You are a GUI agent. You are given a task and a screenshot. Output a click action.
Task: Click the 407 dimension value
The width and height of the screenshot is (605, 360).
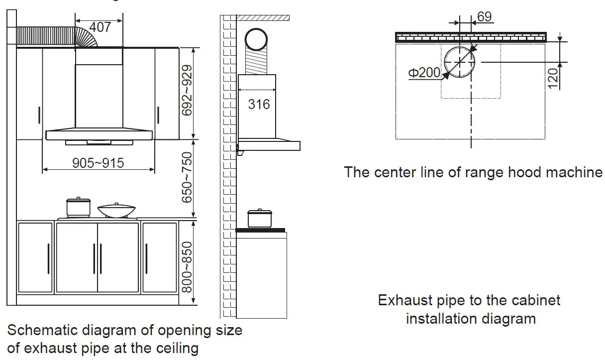point(100,27)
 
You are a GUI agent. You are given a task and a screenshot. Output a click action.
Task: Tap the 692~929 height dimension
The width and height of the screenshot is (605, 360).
point(187,93)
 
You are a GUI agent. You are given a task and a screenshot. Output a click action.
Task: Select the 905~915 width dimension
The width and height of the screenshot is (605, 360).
point(98,162)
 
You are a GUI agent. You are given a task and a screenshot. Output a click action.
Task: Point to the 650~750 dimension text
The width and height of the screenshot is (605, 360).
point(187,178)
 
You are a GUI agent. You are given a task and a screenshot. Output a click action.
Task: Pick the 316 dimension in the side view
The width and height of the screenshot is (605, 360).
point(259,104)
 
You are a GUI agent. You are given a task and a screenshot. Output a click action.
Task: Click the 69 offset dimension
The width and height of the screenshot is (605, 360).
point(484,16)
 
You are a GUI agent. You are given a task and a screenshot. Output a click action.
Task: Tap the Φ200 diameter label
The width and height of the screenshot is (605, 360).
point(424,73)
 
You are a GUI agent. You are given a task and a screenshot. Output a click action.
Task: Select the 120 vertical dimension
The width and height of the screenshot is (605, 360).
point(552,78)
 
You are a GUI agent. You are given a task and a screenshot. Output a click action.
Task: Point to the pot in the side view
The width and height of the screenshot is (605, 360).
point(260,219)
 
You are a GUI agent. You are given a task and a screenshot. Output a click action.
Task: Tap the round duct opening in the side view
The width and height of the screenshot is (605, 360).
point(258,40)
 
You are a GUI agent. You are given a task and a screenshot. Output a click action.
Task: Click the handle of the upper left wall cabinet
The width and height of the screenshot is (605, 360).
point(40,116)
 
